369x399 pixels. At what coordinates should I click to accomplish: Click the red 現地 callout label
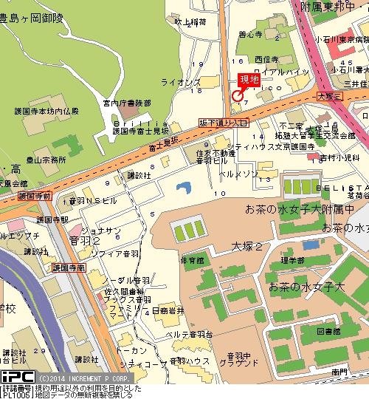(249, 80)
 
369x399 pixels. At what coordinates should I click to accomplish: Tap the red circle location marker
(237, 95)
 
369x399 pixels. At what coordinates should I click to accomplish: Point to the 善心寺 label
(249, 34)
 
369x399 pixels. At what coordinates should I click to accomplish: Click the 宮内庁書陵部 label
(127, 103)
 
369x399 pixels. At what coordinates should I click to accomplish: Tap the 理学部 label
(292, 260)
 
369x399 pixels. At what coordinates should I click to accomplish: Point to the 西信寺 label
(266, 59)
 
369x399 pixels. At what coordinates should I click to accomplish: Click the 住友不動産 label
(213, 153)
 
